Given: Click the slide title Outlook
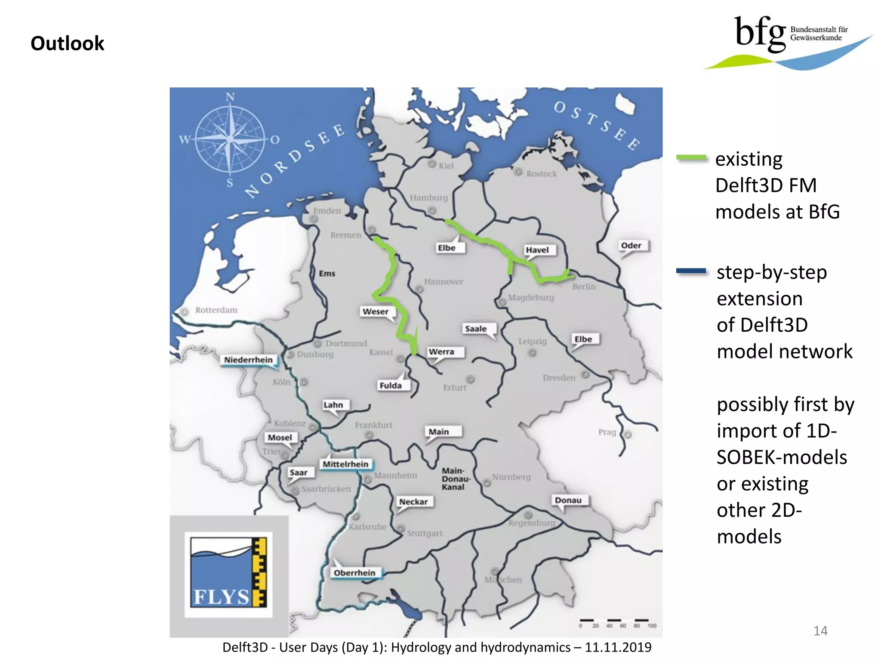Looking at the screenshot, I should tap(68, 43).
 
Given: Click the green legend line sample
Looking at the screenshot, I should tap(691, 158).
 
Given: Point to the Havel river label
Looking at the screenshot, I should tap(537, 250).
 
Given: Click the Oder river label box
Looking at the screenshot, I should tap(631, 245).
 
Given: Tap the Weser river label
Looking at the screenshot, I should tap(375, 312).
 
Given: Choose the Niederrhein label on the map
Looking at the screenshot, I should tap(248, 360).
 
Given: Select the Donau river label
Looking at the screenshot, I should tap(568, 500).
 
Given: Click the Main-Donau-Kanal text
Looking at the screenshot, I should tap(455, 479).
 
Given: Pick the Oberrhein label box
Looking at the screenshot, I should tap(354, 573).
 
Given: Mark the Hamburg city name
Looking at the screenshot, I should tap(428, 198).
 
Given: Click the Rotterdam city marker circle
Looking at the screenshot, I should tap(184, 312).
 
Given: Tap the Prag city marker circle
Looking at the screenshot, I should tap(628, 435).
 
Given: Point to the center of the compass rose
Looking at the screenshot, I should tap(230, 139).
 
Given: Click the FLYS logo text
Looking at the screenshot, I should tap(221, 597).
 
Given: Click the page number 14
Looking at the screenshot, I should tap(820, 631).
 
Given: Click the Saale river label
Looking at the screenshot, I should tap(475, 329).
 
